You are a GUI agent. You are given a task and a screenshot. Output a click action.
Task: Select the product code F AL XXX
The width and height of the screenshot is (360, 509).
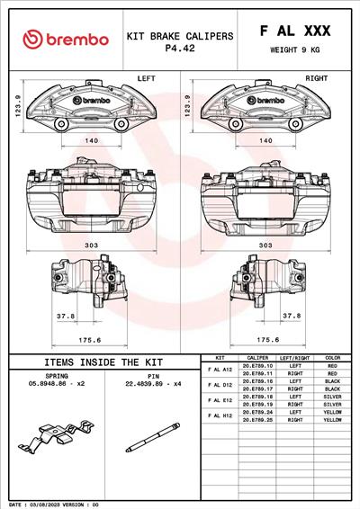[x=294, y=31]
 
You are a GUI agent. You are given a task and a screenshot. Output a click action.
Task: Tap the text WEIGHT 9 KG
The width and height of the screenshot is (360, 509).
[x=294, y=50]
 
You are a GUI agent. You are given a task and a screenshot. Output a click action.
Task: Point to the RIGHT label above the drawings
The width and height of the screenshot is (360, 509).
[x=316, y=79]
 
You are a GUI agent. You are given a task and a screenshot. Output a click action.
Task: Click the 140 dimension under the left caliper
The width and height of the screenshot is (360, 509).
[x=91, y=141]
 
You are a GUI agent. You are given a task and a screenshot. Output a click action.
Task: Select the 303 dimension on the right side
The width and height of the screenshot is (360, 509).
[x=265, y=245]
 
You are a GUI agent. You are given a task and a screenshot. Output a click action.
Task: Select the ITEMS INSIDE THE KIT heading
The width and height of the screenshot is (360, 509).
[x=103, y=362]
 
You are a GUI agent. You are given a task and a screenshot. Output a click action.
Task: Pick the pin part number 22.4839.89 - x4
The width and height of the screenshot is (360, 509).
[x=153, y=382]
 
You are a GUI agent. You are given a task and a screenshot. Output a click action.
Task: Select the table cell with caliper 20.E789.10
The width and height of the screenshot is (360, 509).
[x=257, y=367]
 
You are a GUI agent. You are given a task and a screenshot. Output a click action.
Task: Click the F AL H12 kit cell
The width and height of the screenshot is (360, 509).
[x=220, y=415]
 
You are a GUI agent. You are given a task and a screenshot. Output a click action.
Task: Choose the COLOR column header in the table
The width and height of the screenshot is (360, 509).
[x=332, y=358]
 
